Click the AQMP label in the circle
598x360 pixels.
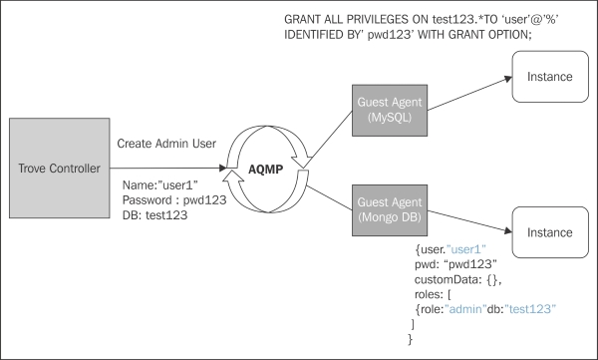[x=265, y=170]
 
